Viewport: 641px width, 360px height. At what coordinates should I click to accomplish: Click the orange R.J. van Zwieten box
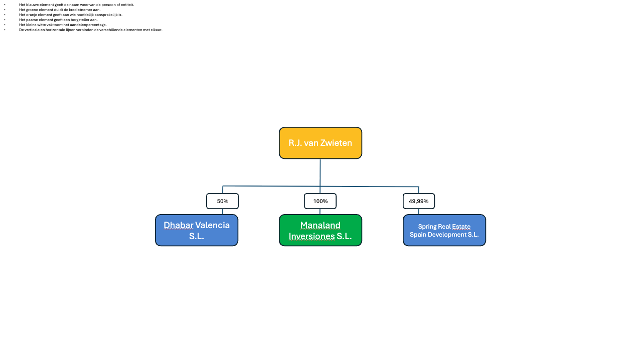[320, 143]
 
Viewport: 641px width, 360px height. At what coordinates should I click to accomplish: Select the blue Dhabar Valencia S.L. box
[197, 230]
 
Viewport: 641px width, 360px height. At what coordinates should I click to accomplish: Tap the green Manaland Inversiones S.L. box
[320, 230]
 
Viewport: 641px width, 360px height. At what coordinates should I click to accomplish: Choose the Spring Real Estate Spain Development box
[444, 230]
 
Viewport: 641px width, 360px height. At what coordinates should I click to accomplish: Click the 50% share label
[222, 201]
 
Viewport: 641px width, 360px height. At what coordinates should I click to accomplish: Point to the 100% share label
[320, 201]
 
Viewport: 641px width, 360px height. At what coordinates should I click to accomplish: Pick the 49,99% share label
[419, 201]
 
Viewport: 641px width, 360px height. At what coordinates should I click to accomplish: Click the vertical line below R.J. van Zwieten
[320, 172]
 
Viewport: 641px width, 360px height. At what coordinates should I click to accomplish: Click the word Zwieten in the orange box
[336, 143]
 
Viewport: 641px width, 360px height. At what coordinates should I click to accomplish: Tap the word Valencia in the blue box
[213, 225]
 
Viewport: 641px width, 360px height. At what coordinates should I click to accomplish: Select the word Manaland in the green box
[320, 225]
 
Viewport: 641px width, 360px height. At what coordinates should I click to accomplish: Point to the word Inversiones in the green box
[311, 236]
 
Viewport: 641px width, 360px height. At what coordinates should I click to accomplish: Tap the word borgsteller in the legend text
[80, 20]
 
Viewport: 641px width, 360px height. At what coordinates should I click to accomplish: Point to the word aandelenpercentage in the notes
[88, 25]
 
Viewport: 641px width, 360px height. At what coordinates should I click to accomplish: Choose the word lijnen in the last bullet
[71, 30]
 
